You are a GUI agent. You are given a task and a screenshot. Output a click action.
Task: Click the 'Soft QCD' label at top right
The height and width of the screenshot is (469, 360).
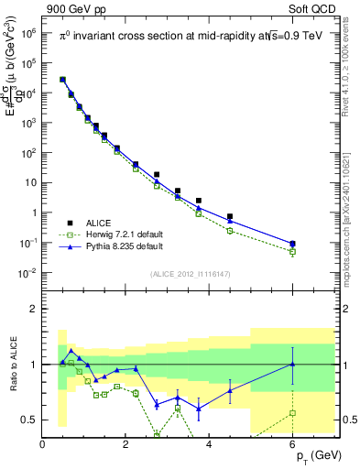[318, 9]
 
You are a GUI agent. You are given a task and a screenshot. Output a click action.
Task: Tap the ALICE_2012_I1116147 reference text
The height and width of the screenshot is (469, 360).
[191, 273]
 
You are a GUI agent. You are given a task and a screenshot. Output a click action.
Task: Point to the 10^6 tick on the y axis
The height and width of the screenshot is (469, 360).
[27, 32]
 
